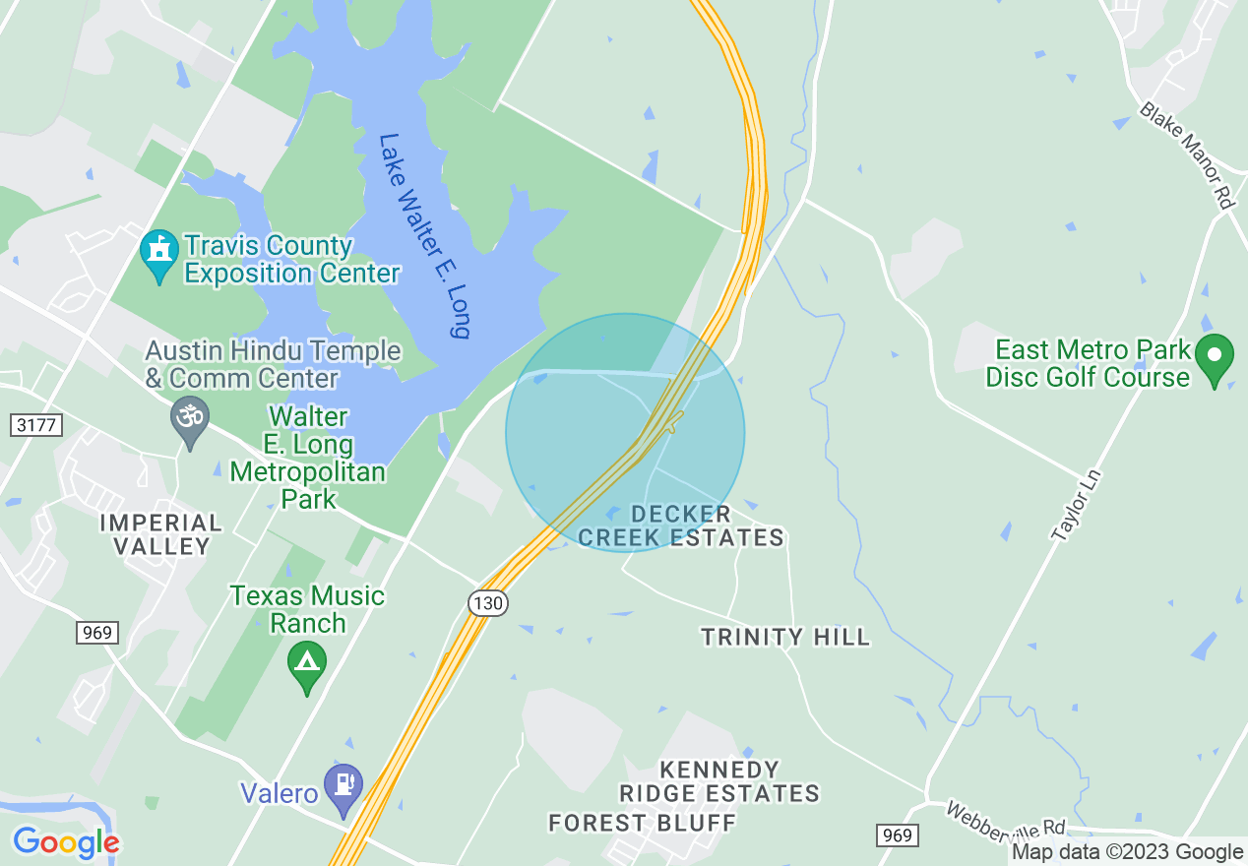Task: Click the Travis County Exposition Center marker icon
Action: point(159,255)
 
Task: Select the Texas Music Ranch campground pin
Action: point(307,666)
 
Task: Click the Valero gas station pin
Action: point(343,788)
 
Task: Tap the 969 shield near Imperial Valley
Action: point(96,633)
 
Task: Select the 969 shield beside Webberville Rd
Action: point(897,835)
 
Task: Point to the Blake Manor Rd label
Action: point(1186,155)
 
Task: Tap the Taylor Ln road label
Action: point(1076,505)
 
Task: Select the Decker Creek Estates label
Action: point(682,526)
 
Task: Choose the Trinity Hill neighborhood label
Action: point(785,638)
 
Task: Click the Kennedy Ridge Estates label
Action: point(718,780)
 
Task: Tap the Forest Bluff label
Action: point(642,823)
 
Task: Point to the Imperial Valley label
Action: point(160,534)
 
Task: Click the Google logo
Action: point(66,843)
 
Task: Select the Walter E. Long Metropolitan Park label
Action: point(307,459)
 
